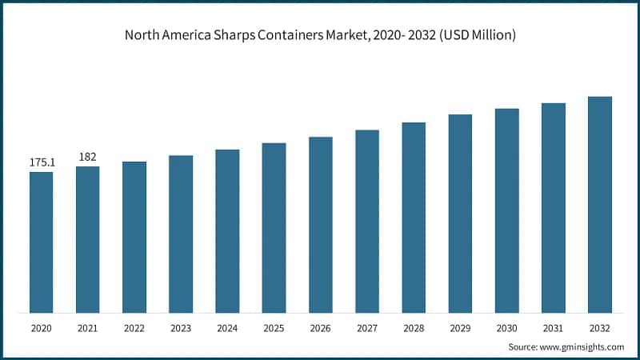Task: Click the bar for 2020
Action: pos(41,242)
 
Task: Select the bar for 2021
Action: pos(88,239)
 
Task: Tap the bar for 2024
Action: pos(227,230)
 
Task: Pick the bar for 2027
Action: pos(367,221)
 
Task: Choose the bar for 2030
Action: pos(506,210)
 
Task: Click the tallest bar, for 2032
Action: pos(599,204)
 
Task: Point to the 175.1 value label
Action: pos(42,162)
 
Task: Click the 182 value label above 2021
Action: pos(88,157)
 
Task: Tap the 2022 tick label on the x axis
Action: pos(134,327)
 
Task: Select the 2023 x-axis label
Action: pos(181,327)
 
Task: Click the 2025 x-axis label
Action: pos(274,327)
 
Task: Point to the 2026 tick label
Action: pos(320,327)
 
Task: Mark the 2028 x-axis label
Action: pos(414,327)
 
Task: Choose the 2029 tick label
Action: pos(460,327)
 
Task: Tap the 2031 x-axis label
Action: pos(553,327)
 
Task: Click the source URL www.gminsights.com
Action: pos(583,346)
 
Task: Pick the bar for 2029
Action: pos(460,213)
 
